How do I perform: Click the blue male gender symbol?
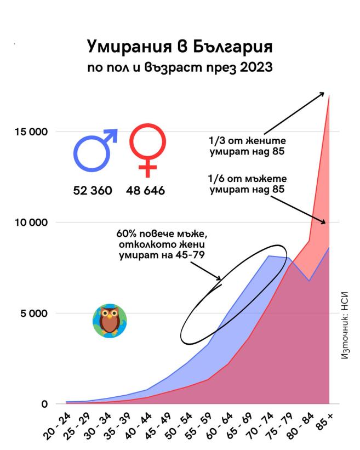(x=93, y=150)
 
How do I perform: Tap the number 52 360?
(x=93, y=191)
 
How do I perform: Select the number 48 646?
(x=146, y=191)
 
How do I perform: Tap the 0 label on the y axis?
(x=44, y=405)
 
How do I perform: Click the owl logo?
(x=110, y=321)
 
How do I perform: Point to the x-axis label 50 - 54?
(x=182, y=425)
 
